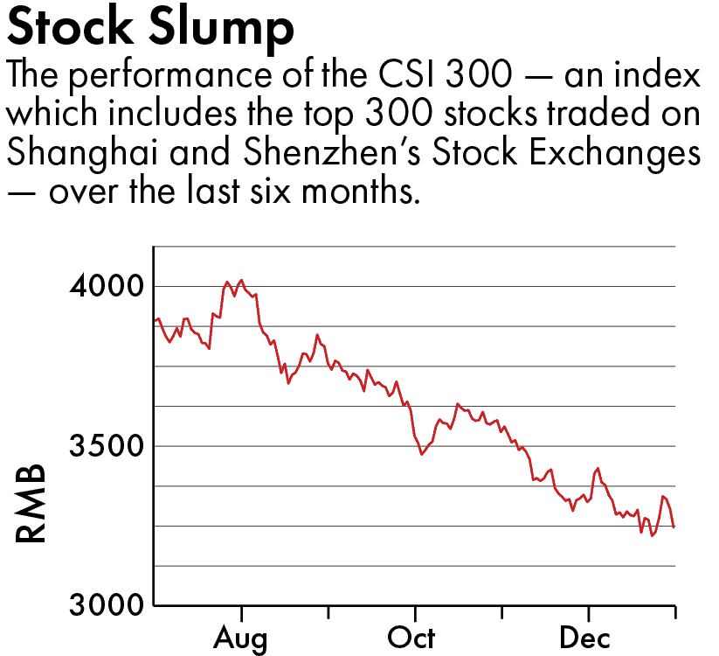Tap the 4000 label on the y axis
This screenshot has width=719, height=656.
coord(105,286)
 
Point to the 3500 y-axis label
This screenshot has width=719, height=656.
coord(105,446)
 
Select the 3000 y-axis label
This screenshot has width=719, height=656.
coord(105,605)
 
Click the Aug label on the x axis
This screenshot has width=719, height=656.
coord(241,638)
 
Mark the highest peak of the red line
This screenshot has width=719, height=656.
coord(241,280)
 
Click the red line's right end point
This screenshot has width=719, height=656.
coord(674,527)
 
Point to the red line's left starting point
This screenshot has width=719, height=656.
coord(155,321)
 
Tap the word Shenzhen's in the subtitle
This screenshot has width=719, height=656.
coord(332,152)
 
